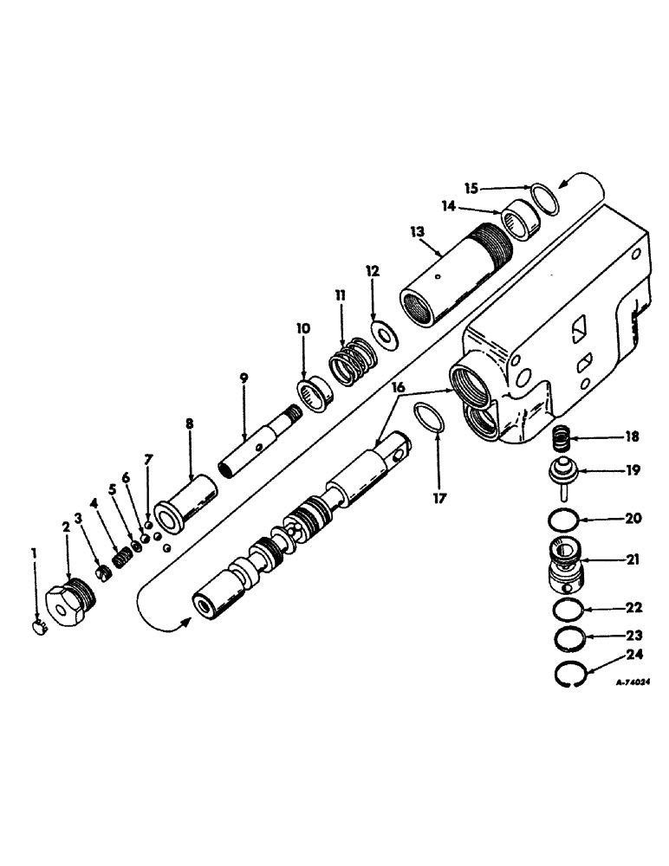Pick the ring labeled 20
(563, 520)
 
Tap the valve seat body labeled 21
(567, 564)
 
